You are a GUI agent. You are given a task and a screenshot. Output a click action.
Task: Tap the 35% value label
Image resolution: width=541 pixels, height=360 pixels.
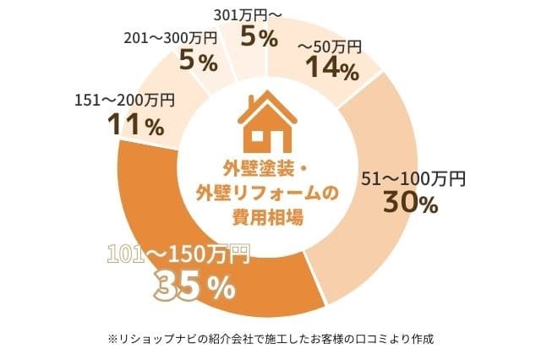[x=194, y=286]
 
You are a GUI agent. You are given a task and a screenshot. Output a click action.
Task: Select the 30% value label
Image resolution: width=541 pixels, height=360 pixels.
[x=410, y=203]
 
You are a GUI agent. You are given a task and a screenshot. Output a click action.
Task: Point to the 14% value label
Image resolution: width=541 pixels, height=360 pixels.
[x=332, y=68]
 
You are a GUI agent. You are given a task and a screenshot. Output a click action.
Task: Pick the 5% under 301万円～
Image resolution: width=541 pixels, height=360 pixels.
[x=260, y=37]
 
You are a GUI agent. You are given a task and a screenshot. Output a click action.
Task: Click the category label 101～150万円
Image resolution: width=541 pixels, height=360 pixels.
[x=179, y=253]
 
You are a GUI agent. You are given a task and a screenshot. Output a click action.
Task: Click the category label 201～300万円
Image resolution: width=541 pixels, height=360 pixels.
[x=171, y=38]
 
